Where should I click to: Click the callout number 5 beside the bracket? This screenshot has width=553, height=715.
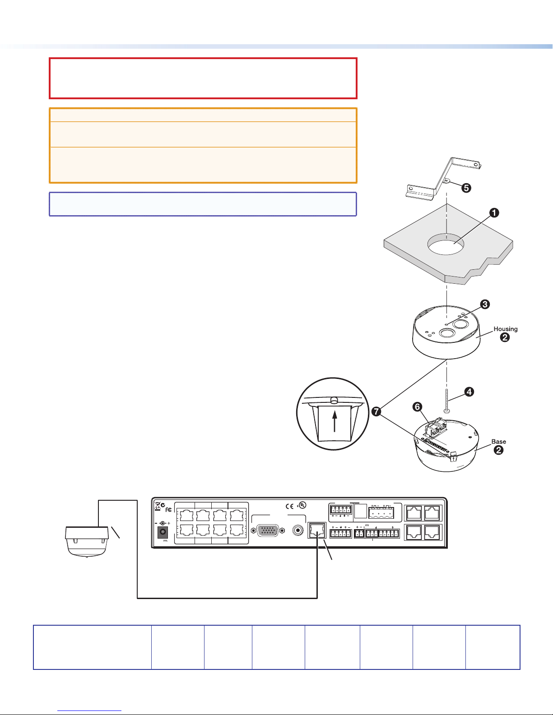[x=465, y=188]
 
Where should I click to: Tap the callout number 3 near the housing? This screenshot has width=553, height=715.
[x=484, y=304]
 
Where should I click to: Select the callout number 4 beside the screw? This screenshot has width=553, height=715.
[x=469, y=392]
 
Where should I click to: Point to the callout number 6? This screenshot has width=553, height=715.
[x=418, y=407]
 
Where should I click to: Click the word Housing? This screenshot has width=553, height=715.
[x=505, y=329]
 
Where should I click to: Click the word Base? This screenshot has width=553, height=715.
[x=498, y=442]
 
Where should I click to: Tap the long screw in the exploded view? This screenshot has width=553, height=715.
[x=446, y=397]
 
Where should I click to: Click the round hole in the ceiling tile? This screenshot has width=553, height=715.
[x=446, y=245]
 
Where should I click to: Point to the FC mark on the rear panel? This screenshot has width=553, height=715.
[x=169, y=509]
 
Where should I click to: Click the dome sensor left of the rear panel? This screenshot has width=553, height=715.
[x=87, y=541]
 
